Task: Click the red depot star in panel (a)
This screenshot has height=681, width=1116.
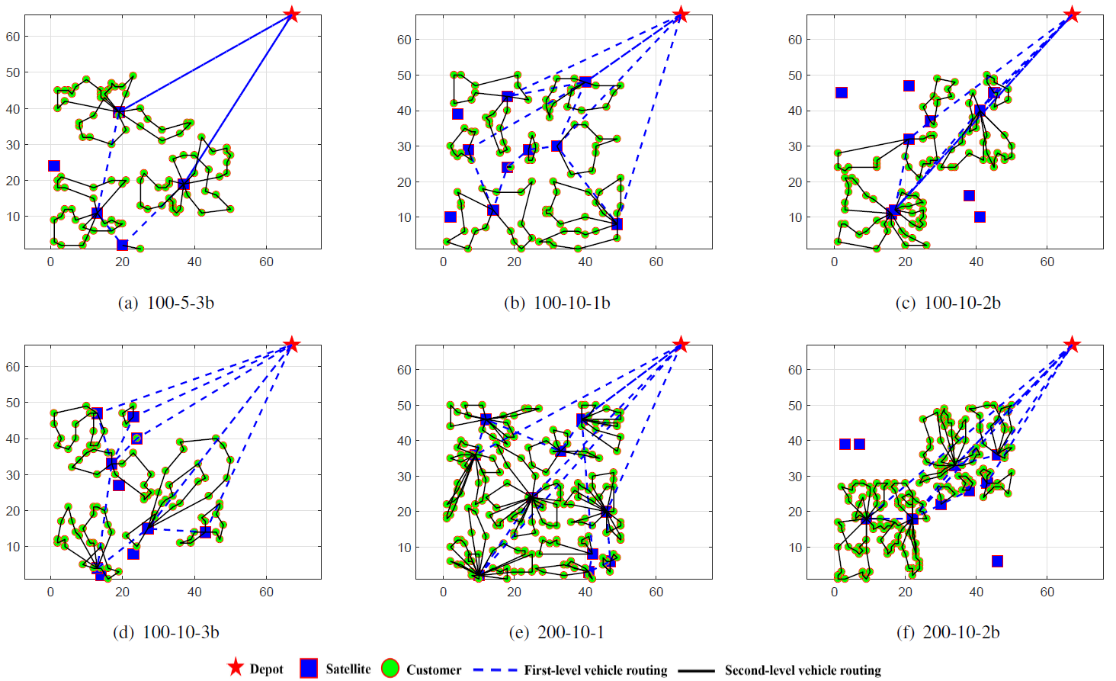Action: click(x=291, y=14)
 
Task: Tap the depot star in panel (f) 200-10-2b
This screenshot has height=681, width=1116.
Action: click(x=1072, y=344)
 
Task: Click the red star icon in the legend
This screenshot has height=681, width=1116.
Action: click(x=236, y=667)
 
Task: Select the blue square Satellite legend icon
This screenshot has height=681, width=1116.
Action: click(x=309, y=668)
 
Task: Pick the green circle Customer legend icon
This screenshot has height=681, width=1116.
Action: click(x=390, y=668)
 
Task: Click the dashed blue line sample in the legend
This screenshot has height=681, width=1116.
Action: click(x=495, y=670)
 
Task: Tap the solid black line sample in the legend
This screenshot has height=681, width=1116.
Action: click(x=696, y=670)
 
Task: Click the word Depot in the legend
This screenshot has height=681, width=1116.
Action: click(x=266, y=670)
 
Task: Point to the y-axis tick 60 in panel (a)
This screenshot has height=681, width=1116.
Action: click(x=13, y=37)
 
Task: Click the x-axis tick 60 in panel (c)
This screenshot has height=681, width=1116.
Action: click(x=1047, y=262)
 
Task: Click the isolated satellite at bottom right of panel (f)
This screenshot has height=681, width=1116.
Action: click(x=997, y=561)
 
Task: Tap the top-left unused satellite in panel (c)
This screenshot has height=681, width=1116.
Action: click(x=842, y=93)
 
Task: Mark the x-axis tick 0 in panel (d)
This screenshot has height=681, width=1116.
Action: click(x=51, y=592)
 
